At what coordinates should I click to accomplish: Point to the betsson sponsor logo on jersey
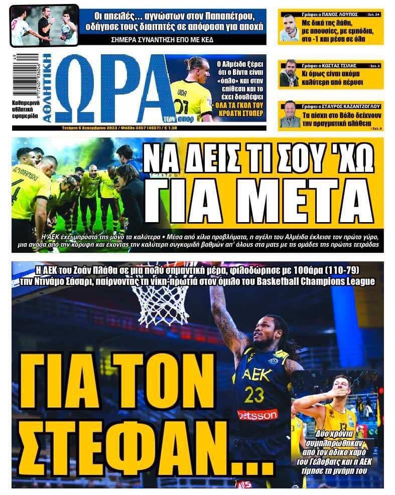click(x=257, y=415)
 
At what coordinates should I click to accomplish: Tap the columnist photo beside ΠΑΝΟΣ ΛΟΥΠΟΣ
click(x=290, y=30)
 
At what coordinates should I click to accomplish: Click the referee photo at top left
click(x=44, y=25)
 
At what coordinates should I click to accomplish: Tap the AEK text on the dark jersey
click(x=256, y=374)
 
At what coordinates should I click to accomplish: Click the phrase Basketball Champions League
click(x=313, y=281)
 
